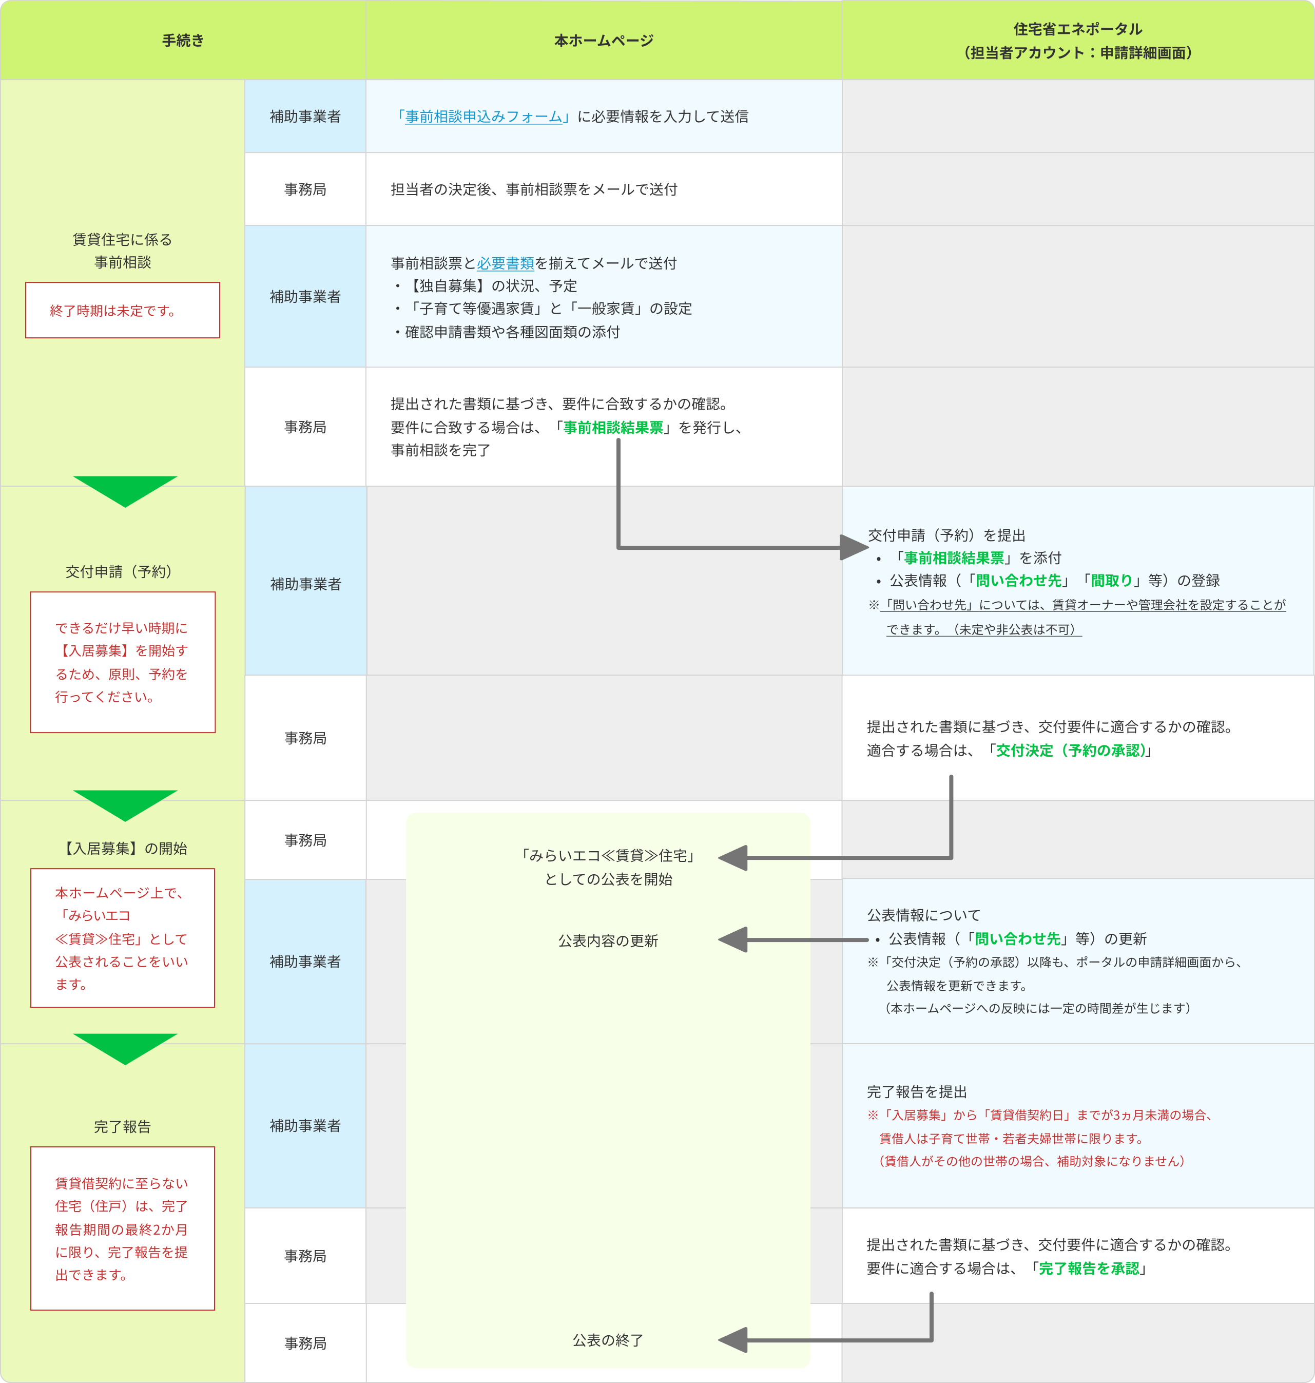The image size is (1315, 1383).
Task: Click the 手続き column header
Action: coord(183,41)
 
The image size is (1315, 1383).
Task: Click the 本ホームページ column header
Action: coord(604,41)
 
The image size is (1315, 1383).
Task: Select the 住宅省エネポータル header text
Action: coord(1077,29)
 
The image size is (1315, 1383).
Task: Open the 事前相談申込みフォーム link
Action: coord(483,117)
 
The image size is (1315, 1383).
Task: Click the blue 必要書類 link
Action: coord(506,263)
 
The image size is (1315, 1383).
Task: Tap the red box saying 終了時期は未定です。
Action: coord(123,311)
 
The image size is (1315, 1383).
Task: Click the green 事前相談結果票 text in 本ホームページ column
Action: coord(613,428)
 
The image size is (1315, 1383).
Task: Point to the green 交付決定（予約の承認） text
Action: coord(1070,750)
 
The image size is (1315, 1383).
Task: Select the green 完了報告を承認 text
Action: coord(1089,1268)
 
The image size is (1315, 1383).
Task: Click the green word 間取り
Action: coord(1112,581)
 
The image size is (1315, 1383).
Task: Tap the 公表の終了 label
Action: coord(608,1340)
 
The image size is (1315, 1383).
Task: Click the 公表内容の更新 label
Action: coord(608,940)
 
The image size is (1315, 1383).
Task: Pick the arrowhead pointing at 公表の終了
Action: coord(732,1340)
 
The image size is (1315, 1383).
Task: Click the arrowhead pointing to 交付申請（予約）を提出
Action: coord(854,547)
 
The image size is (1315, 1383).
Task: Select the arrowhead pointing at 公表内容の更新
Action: coord(732,940)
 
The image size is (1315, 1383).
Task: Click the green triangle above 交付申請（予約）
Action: coord(125,489)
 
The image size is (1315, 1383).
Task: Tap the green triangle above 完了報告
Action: coord(125,1047)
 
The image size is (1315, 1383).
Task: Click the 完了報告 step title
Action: coord(123,1126)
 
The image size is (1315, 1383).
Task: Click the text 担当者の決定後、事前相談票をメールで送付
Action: coord(533,189)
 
